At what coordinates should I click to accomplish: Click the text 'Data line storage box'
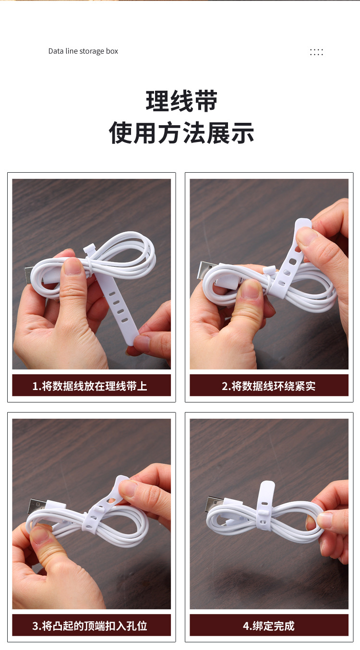coord(83,51)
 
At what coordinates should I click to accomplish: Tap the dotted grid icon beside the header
coord(316,52)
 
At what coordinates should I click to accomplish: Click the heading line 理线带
coord(181,101)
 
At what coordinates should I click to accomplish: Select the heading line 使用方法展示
coord(181,132)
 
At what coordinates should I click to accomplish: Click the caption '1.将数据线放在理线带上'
coord(90,386)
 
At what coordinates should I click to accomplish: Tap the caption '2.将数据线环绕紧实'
coord(268,386)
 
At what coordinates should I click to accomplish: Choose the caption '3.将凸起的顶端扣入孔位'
coord(90,626)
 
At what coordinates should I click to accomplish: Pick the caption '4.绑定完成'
coord(268,626)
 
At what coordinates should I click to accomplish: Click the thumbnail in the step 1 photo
coord(72,266)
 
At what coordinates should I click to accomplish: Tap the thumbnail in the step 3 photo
coord(41,534)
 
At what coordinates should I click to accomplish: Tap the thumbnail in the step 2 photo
coord(250,289)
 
